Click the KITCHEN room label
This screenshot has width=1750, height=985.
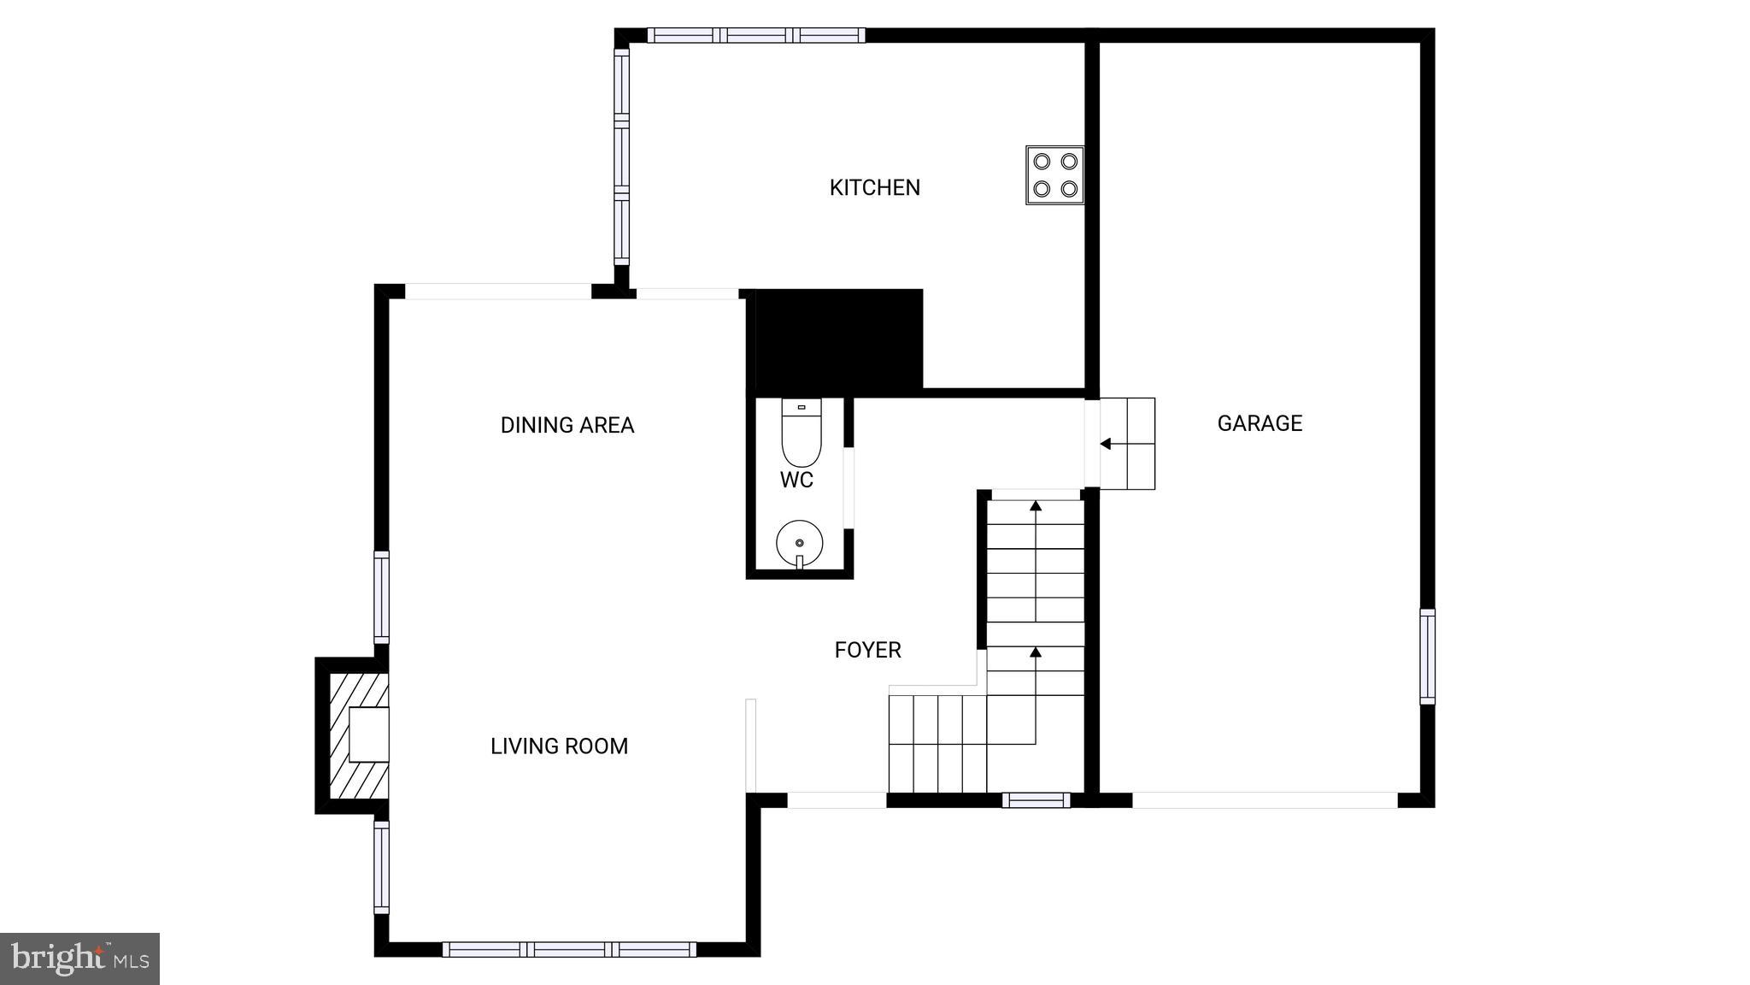874,187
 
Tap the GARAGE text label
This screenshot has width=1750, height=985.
1260,423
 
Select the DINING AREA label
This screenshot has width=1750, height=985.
567,425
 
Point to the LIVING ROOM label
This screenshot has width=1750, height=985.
559,746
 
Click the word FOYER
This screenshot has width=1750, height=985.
867,650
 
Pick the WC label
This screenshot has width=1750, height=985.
796,480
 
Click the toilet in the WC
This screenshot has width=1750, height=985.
801,433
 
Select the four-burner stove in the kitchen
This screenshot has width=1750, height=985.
1054,174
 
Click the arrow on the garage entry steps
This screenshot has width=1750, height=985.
1105,444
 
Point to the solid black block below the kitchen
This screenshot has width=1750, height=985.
836,339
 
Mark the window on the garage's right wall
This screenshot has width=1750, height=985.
1427,657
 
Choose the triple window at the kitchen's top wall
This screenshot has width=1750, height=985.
756,35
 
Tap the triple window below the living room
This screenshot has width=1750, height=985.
569,949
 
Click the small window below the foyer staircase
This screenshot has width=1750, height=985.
1036,800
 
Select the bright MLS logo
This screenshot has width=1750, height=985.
79,958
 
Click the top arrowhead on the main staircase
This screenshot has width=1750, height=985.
1036,506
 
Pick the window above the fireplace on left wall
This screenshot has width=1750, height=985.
382,597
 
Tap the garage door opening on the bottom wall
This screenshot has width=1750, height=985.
1265,800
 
